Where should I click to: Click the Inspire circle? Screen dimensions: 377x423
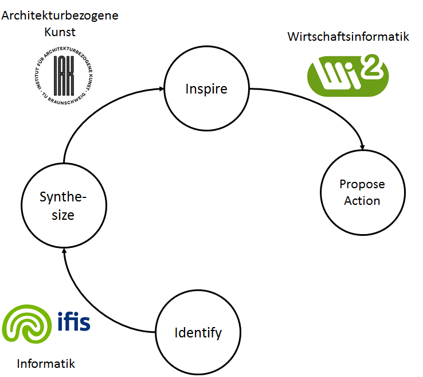pyautogui.click(x=206, y=90)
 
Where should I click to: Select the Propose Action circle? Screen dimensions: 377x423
pyautogui.click(x=362, y=192)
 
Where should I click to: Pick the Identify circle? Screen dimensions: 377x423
pyautogui.click(x=198, y=332)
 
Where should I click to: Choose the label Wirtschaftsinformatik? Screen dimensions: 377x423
pyautogui.click(x=348, y=37)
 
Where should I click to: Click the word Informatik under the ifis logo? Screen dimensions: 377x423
pyautogui.click(x=46, y=364)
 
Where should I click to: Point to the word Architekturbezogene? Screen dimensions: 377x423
pyautogui.click(x=60, y=15)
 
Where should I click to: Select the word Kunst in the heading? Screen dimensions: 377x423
pyautogui.click(x=60, y=32)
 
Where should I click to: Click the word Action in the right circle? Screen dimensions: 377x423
pyautogui.click(x=362, y=201)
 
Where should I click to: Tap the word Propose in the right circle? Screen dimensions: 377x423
pyautogui.click(x=362, y=184)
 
